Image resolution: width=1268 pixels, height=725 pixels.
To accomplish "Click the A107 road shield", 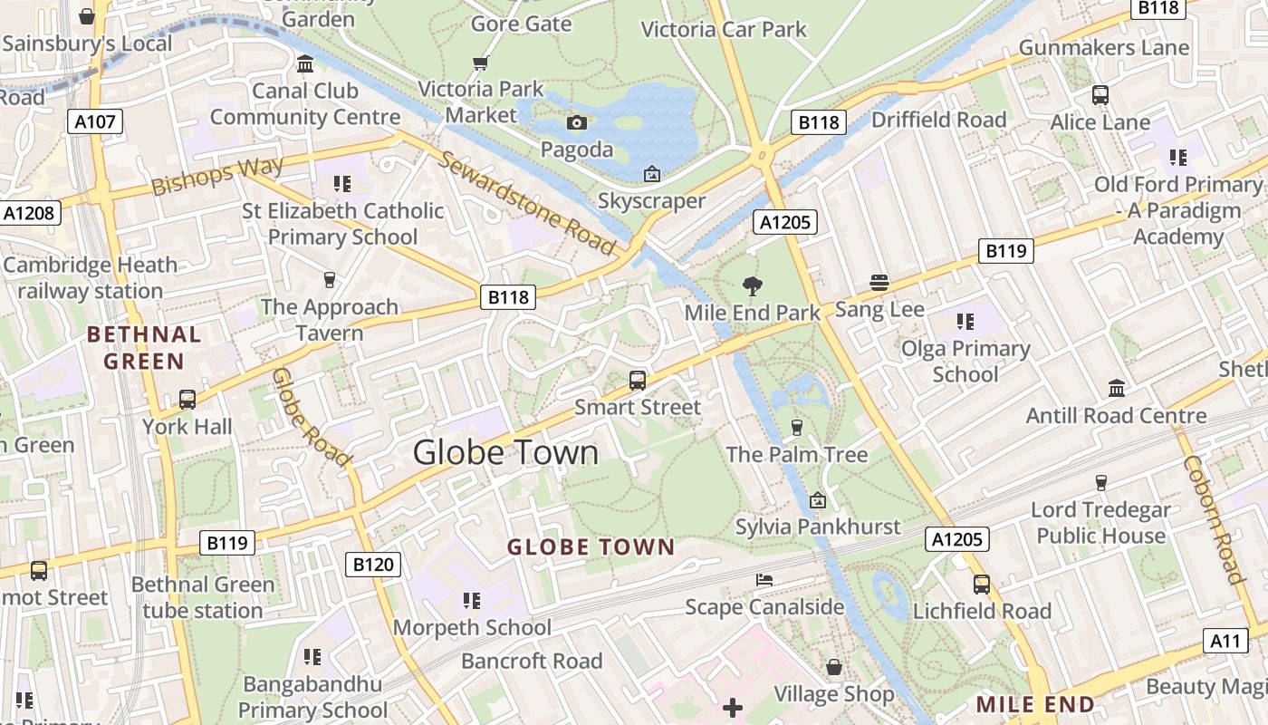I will [94, 121].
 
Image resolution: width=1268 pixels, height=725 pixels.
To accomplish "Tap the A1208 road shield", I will [30, 213].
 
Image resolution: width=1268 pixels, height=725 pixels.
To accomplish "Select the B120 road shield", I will [372, 565].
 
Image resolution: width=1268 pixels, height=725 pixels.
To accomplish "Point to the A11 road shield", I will [1225, 641].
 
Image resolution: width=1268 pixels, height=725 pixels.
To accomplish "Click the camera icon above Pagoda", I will [576, 123].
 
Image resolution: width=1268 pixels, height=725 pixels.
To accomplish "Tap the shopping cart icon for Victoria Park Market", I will [480, 63].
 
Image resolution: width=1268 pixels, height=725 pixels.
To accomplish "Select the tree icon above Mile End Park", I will [752, 287].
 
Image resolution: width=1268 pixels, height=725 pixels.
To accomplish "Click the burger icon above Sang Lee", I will [879, 283].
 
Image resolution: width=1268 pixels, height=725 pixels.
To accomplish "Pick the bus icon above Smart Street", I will [638, 381].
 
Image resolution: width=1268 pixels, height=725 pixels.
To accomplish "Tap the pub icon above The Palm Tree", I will [797, 428].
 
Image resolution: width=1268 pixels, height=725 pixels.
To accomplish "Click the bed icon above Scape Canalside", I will [764, 580].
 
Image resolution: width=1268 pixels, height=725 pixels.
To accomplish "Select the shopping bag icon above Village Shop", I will [833, 668].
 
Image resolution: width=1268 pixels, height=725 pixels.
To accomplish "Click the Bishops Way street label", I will [217, 175].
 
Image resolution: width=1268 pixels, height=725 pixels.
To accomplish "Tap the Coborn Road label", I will [1214, 519].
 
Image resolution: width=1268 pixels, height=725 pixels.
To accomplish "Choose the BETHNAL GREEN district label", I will [144, 348].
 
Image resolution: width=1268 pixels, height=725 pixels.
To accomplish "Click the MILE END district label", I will [1035, 704].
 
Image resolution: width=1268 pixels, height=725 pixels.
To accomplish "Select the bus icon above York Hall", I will [187, 399].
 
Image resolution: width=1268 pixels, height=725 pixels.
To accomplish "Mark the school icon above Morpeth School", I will [471, 600].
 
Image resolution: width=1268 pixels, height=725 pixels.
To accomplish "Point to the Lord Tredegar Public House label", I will [1100, 523].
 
